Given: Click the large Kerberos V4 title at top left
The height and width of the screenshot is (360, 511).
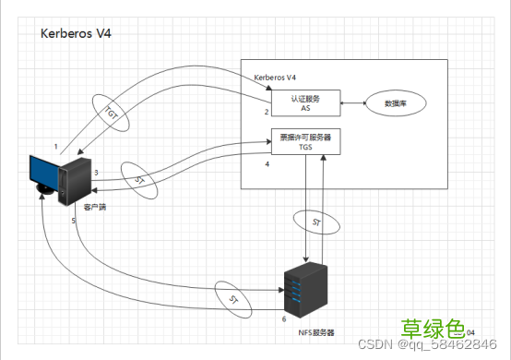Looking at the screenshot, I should [x=77, y=33].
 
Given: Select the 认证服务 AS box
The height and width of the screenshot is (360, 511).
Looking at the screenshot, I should [x=305, y=102].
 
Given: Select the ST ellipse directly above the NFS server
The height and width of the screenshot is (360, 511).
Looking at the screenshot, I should [x=316, y=222].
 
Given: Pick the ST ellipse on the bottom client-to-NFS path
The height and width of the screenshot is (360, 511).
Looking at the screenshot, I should [x=232, y=299].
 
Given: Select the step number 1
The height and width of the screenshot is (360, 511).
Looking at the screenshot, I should [x=56, y=147].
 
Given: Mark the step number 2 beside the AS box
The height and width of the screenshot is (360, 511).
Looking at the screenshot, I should [x=266, y=112].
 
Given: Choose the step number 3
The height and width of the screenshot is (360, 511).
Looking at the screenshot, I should [x=95, y=172].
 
